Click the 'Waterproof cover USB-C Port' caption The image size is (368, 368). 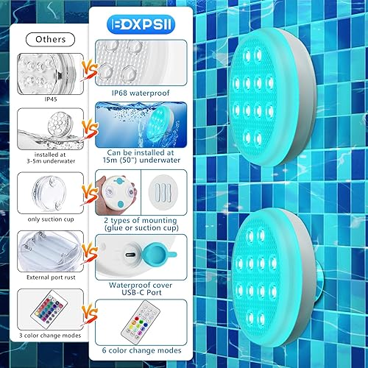[x=141, y=286]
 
